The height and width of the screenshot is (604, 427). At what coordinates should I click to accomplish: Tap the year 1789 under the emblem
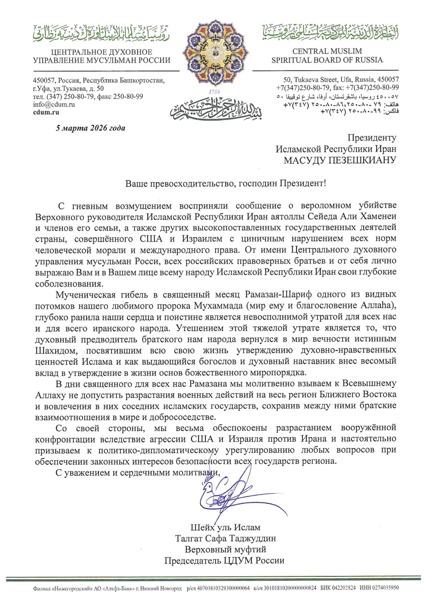(x=213, y=92)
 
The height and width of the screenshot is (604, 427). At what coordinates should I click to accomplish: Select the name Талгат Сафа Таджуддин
(x=225, y=539)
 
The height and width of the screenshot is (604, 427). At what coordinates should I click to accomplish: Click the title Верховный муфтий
(x=225, y=550)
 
